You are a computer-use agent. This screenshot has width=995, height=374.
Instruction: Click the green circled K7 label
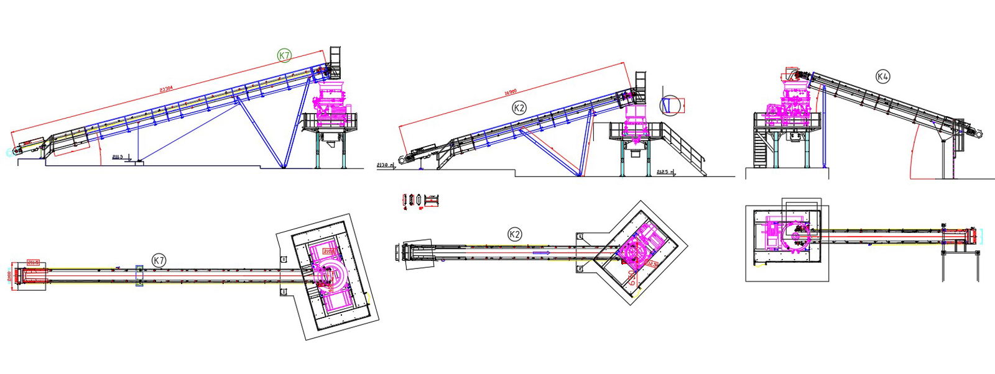coord(284,56)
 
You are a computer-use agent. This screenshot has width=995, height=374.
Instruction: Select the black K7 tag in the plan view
coord(159,260)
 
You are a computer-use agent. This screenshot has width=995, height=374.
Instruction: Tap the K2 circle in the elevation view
coord(519,108)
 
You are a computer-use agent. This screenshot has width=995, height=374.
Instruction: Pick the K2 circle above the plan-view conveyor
coord(514,234)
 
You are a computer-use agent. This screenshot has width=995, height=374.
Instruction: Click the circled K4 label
coord(882,76)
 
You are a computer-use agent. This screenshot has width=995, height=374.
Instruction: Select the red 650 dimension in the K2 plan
coord(632,277)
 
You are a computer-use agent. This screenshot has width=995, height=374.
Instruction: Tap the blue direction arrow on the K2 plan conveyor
coord(541,253)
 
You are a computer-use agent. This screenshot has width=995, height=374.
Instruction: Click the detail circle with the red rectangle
coord(670,106)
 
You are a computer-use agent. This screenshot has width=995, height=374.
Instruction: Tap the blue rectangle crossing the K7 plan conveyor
coord(139,275)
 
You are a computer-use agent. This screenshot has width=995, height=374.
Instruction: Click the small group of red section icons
coord(421,201)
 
